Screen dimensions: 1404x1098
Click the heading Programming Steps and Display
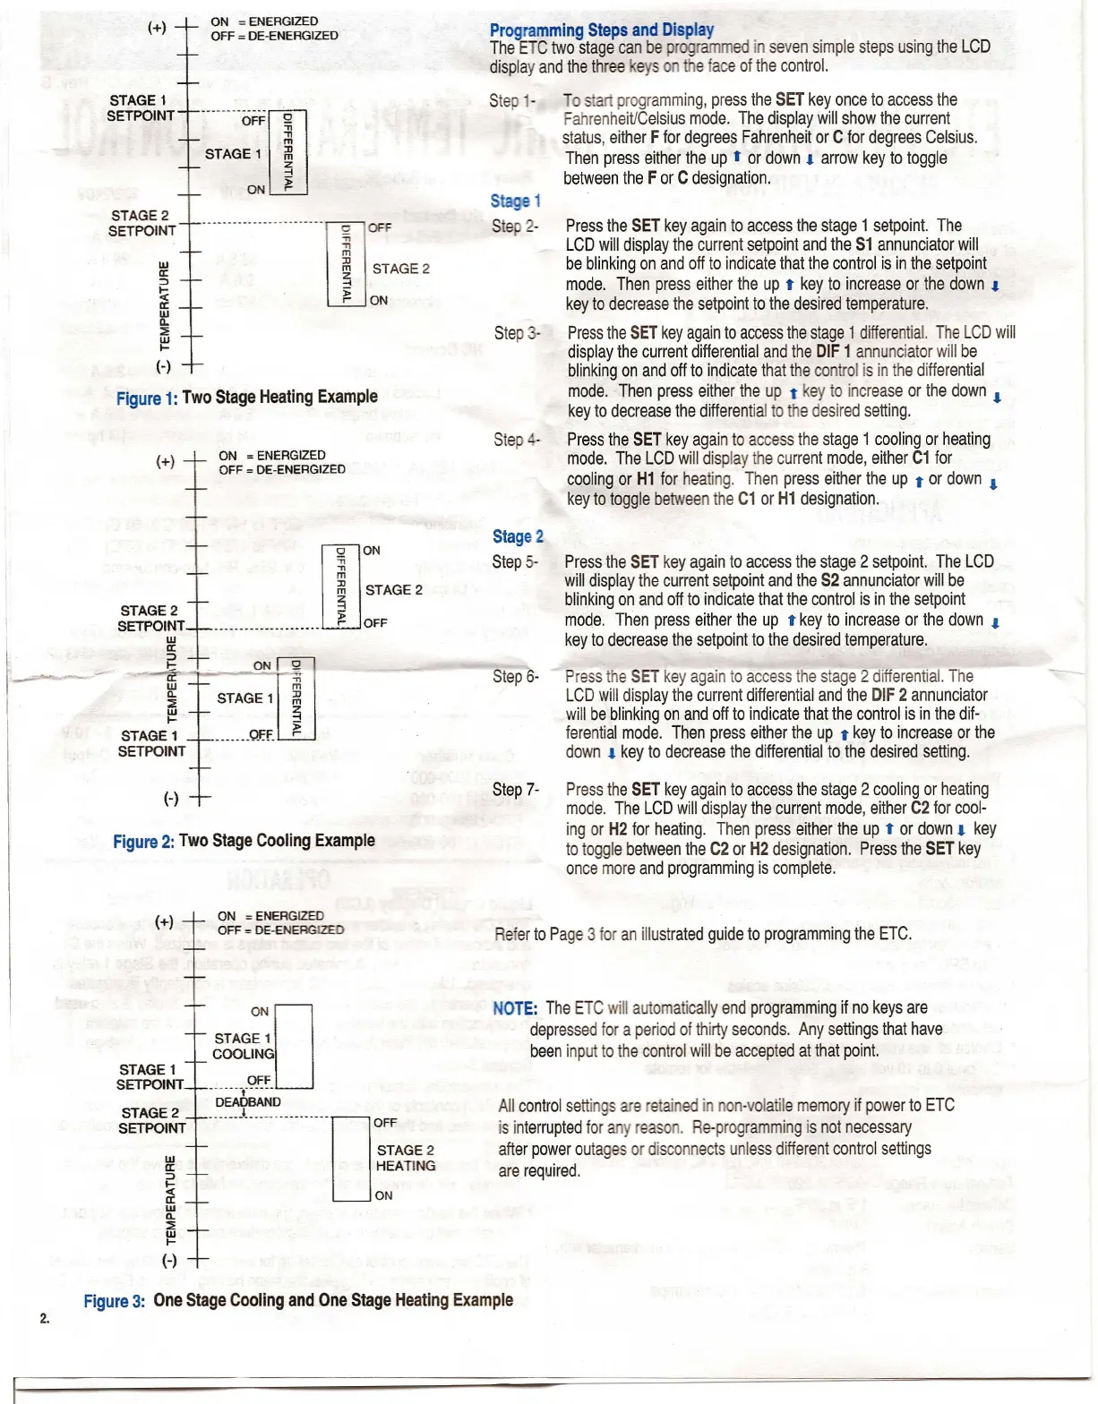(x=601, y=30)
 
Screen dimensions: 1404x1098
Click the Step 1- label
(x=512, y=101)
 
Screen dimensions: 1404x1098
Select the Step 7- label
(x=515, y=790)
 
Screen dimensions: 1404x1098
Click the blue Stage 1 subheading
(x=515, y=201)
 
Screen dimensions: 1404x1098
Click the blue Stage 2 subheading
(x=518, y=536)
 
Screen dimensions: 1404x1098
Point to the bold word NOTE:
(x=515, y=1008)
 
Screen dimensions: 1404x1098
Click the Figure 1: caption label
(x=147, y=398)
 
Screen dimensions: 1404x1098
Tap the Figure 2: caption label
(x=143, y=842)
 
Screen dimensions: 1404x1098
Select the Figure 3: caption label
(x=115, y=1301)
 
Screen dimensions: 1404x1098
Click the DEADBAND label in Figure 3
(x=248, y=1102)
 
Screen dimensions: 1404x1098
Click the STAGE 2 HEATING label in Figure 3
(x=406, y=1158)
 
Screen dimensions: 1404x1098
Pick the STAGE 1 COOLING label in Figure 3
(x=243, y=1046)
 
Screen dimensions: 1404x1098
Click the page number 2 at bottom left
(x=44, y=1318)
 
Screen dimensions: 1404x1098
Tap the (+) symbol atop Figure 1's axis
(x=157, y=27)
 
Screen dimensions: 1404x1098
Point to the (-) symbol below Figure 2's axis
(x=170, y=799)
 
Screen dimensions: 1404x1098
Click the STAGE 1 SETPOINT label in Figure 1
(x=141, y=108)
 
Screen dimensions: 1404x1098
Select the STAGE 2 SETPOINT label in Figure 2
(x=150, y=619)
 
